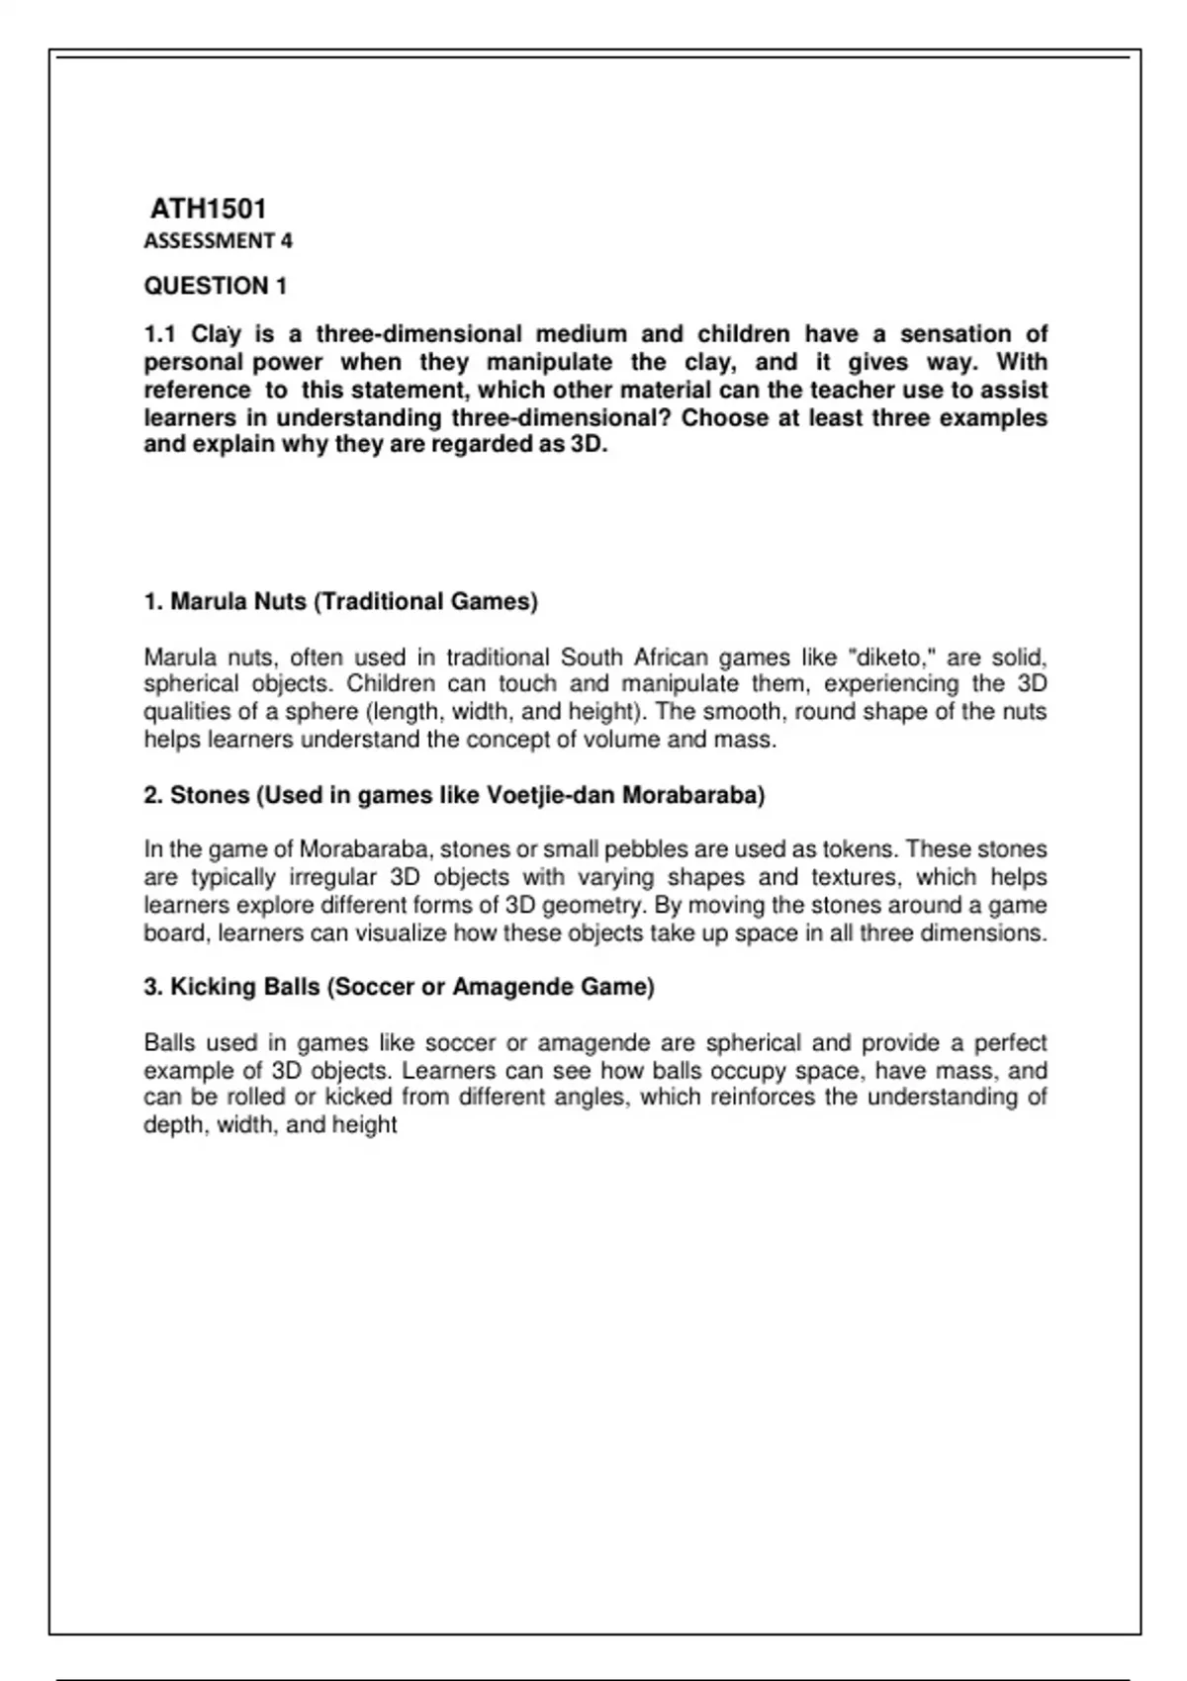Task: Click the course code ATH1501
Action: (208, 209)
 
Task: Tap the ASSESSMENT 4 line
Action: (218, 240)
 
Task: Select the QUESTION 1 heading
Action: (216, 286)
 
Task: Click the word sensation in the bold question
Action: (956, 334)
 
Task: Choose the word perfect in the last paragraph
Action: (1010, 1043)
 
